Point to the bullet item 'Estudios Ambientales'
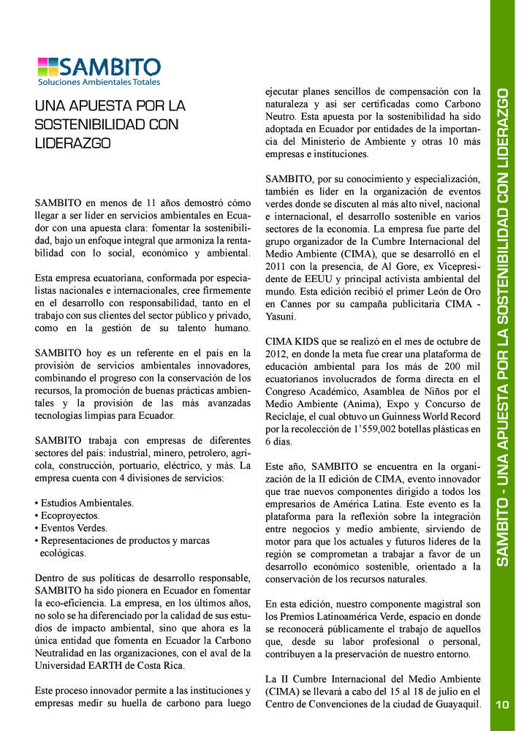point(86,503)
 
